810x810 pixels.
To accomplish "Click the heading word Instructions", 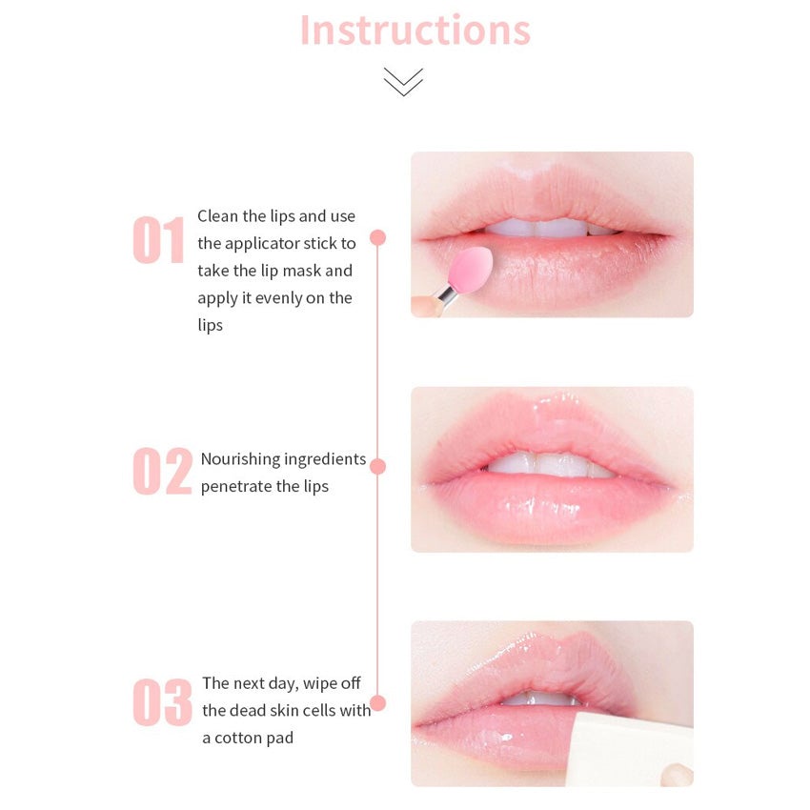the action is pos(415,30).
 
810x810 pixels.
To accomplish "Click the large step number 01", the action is pos(158,240).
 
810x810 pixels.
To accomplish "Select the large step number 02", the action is pos(162,471).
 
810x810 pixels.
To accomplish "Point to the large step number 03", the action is pos(162,702).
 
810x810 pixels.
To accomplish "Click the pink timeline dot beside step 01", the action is pos(377,237).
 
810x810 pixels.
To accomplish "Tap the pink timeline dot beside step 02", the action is pos(377,467).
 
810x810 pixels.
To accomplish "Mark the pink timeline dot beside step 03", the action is pos(377,703).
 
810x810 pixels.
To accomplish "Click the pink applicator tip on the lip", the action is pos(470,269).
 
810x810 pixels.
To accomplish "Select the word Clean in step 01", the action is pos(218,216).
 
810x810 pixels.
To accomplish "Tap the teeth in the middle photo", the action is pos(551,464).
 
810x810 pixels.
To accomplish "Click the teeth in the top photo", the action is pos(551,228).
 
